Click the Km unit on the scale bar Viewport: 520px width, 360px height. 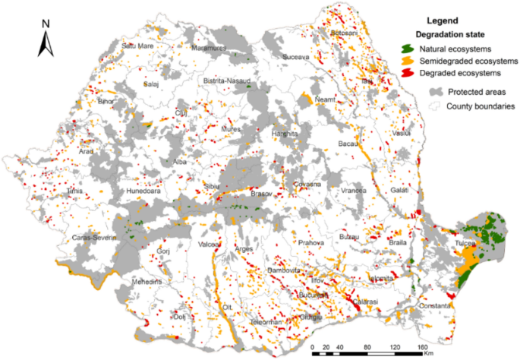click(x=430, y=355)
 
